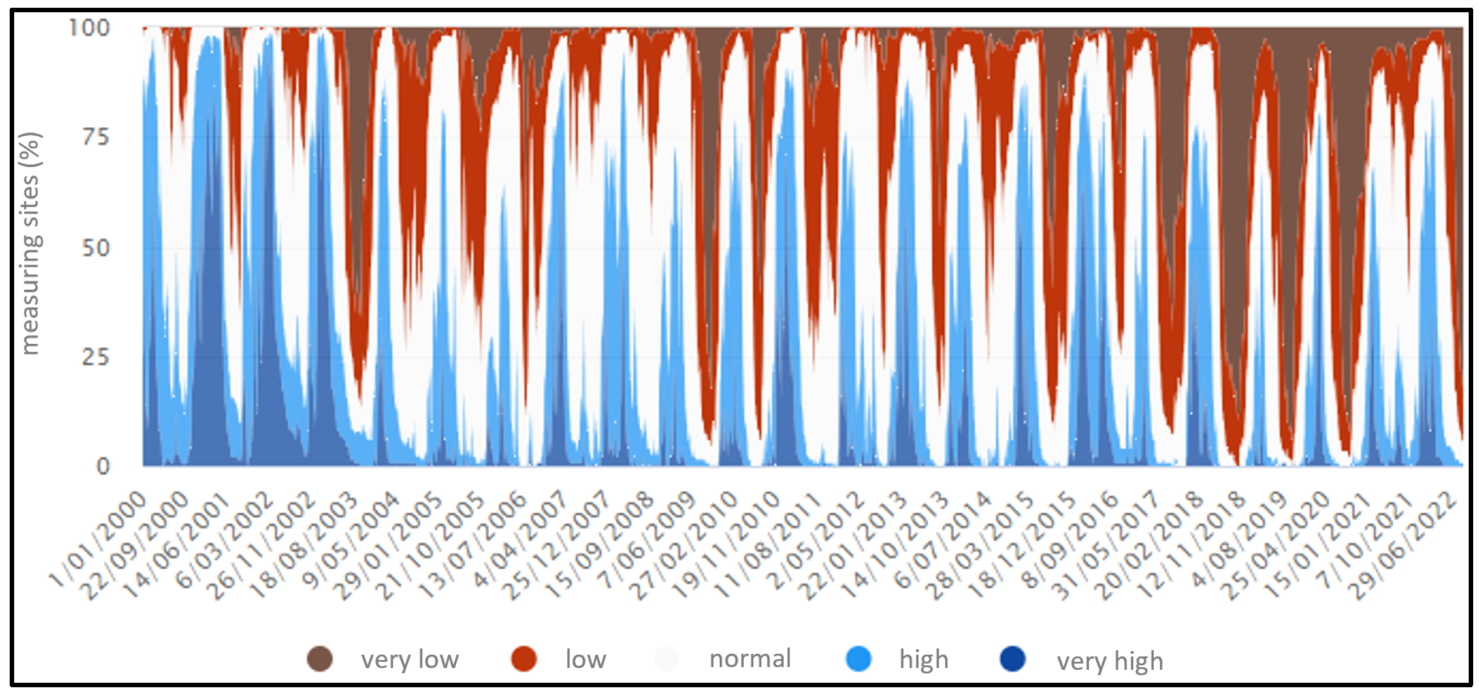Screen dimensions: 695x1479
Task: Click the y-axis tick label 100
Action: pos(90,28)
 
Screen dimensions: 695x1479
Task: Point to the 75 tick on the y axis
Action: pos(95,137)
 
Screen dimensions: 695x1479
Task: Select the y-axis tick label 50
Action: pos(95,248)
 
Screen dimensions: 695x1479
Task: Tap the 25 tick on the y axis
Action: pos(95,357)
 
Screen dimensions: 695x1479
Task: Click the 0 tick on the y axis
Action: pos(103,466)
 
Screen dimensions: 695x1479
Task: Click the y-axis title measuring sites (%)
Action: pos(30,243)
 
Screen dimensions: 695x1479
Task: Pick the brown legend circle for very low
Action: pos(320,659)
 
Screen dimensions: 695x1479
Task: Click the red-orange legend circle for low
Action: pos(523,659)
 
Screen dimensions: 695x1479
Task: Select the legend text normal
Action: pos(749,659)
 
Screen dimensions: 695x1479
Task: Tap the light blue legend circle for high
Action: pos(859,659)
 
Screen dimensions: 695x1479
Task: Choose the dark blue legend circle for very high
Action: pos(1013,659)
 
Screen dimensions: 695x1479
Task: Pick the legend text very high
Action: pos(1109,661)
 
